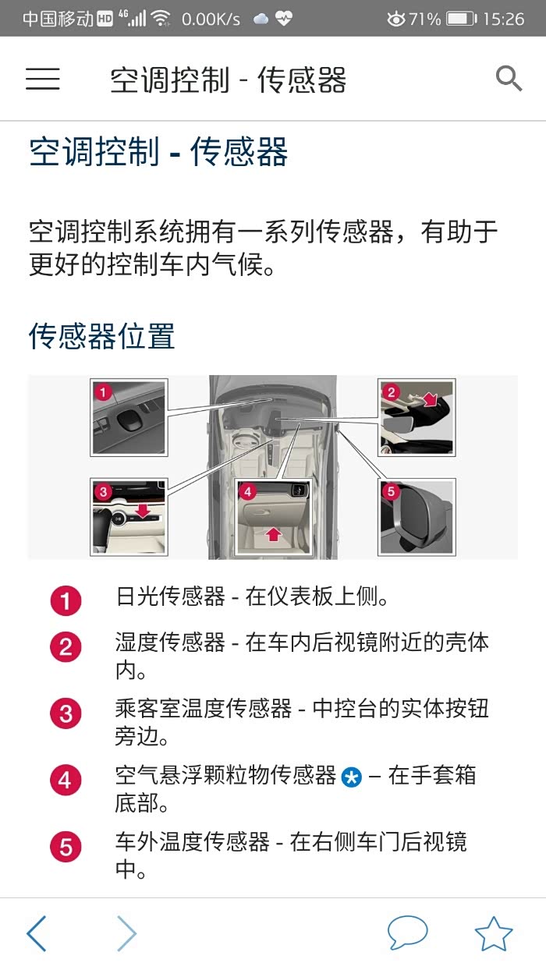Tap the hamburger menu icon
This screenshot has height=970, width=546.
(42, 79)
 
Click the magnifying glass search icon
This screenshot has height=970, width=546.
(509, 79)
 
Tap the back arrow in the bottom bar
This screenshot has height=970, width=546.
(37, 933)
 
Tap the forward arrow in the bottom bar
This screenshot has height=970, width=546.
(127, 933)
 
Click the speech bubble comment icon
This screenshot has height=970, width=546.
(407, 933)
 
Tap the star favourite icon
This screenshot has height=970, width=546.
(494, 933)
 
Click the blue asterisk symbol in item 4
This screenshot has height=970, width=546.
(352, 777)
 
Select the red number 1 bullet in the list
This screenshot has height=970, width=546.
(66, 600)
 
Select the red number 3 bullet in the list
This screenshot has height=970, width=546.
(66, 713)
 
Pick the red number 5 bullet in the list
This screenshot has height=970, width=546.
(66, 847)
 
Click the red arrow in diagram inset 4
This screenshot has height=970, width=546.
(273, 534)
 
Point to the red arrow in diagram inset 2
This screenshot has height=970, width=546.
(429, 399)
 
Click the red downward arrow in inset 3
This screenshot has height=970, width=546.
(142, 510)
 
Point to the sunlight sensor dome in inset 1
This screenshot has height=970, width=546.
(129, 420)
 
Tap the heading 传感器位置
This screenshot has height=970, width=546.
(102, 336)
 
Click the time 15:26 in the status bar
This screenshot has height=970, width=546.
(504, 19)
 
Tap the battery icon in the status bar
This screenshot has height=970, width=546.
(462, 19)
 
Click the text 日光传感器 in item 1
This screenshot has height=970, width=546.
(171, 597)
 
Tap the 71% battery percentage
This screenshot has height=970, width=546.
(424, 19)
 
